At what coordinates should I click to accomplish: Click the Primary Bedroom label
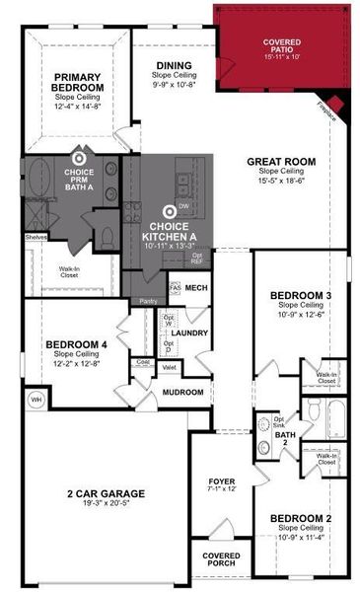tap(79, 83)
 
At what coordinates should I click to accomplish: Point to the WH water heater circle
tap(37, 400)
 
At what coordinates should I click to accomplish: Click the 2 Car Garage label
tap(106, 493)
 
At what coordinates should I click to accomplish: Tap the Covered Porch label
tap(221, 559)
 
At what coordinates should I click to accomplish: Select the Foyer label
tap(222, 481)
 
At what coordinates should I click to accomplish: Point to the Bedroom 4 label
tap(75, 345)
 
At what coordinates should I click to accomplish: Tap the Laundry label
tap(190, 333)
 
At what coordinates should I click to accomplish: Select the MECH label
tap(195, 288)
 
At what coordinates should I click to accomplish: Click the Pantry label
tap(148, 300)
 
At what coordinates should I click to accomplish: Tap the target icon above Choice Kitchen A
tap(170, 210)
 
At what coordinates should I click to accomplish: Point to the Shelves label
tap(36, 237)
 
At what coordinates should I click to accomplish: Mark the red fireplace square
tap(333, 106)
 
